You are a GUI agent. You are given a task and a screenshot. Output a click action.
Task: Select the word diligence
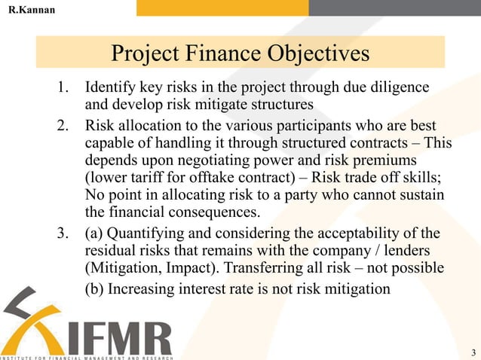click(400, 87)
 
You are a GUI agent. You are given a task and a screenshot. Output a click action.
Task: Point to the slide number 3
click(472, 352)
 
